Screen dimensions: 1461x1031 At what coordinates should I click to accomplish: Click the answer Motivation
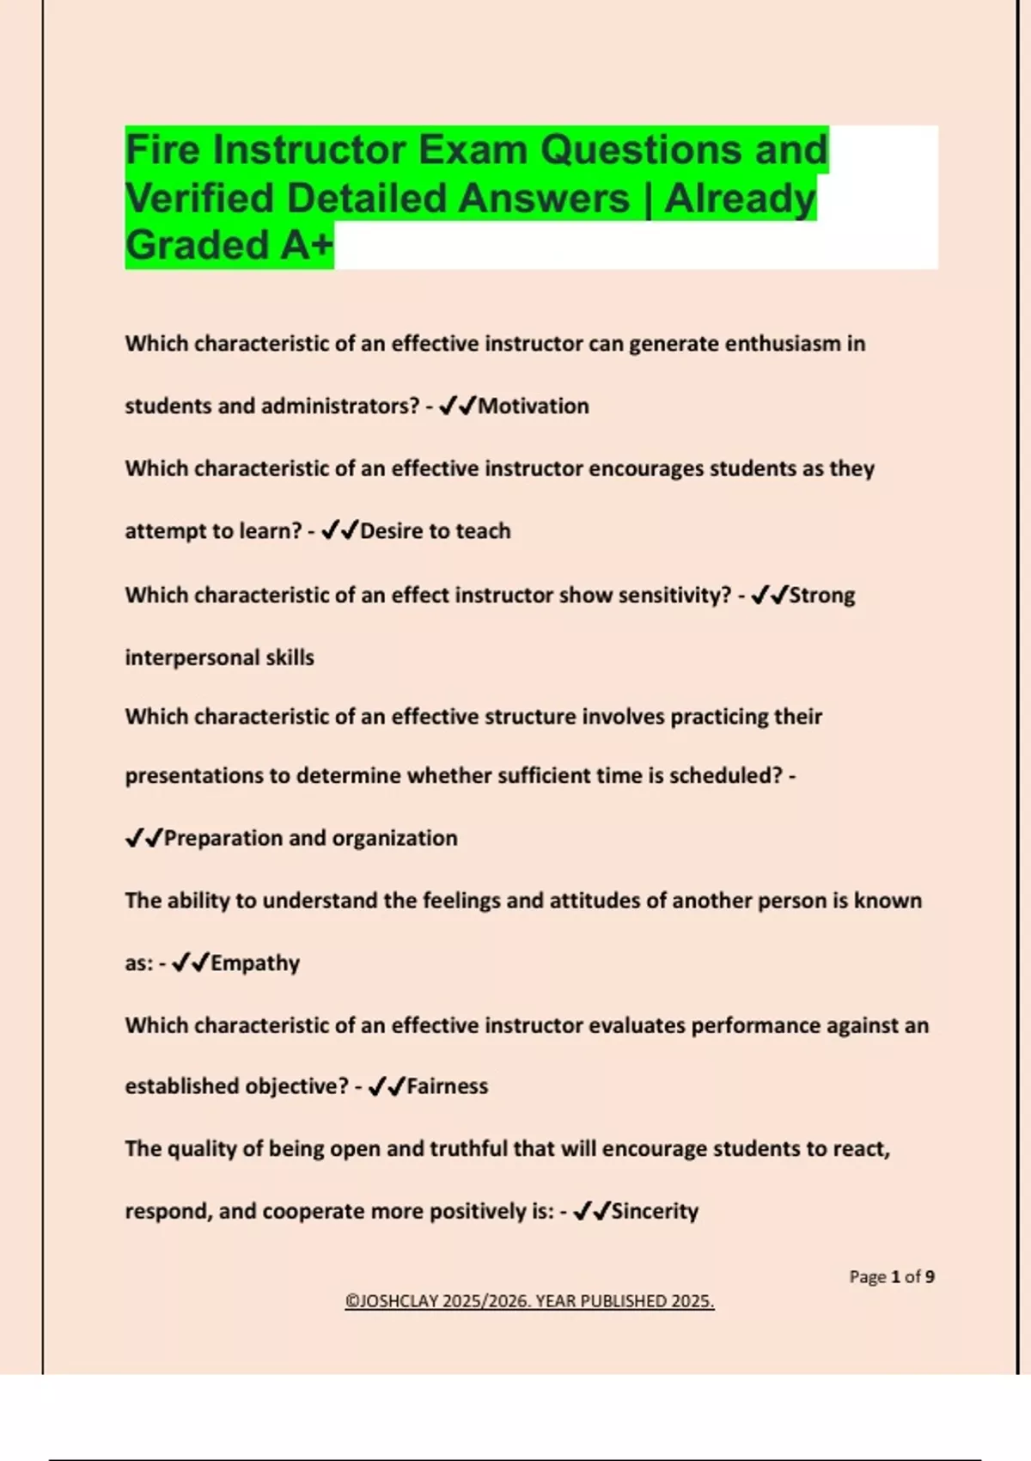[x=534, y=407]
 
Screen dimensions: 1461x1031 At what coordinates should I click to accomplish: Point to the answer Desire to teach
[x=435, y=531]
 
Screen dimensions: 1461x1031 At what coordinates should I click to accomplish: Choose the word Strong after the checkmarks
[x=822, y=596]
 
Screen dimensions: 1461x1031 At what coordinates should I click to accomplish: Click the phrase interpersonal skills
[x=219, y=657]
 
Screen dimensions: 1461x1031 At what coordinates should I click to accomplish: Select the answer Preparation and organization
[x=310, y=838]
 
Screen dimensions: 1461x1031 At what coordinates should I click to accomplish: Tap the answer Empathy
[x=255, y=963]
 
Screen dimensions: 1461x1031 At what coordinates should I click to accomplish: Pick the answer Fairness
[x=447, y=1086]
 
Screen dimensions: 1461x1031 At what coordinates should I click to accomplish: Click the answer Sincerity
[x=655, y=1211]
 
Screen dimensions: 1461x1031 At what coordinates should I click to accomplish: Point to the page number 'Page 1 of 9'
[x=891, y=1277]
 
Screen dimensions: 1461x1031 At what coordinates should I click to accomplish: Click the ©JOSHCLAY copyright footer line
[x=529, y=1301]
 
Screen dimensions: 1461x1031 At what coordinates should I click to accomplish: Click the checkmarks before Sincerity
[x=591, y=1211]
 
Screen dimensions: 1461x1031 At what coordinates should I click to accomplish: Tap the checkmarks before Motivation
[x=457, y=407]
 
